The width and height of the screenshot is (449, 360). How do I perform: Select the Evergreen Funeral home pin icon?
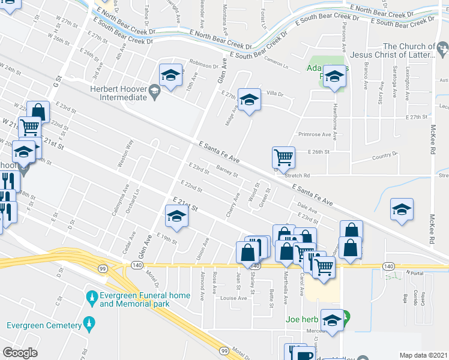point(91,297)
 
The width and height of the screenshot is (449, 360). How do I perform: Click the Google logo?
point(20,353)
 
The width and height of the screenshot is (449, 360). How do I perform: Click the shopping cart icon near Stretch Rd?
point(283,158)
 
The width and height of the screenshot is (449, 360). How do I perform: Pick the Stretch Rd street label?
point(297,176)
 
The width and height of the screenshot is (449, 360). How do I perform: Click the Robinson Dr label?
point(204,65)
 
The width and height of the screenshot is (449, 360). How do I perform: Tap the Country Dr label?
point(385,155)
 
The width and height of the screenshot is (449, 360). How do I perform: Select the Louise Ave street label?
point(234,298)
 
